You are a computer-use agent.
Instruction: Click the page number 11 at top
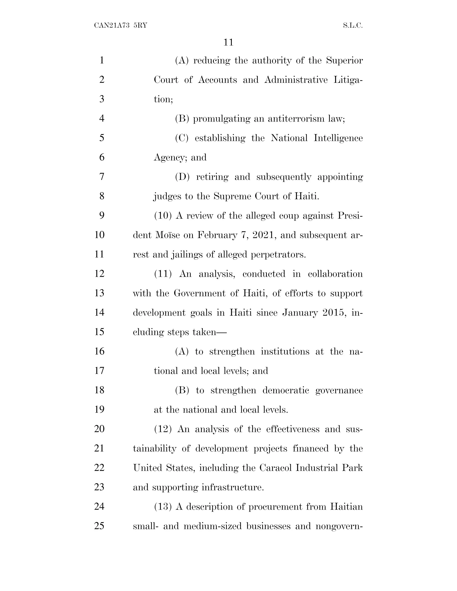[228, 42]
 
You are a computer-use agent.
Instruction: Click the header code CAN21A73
[112, 26]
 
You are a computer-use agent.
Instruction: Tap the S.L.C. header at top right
[353, 26]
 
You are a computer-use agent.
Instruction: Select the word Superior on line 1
[344, 60]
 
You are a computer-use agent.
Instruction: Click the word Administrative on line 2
[296, 80]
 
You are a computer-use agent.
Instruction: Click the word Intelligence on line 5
[338, 138]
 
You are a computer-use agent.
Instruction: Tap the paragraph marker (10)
[163, 216]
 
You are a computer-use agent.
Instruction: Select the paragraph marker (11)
[163, 274]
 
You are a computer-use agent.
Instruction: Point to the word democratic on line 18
[286, 390]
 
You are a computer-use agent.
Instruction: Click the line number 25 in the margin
[99, 526]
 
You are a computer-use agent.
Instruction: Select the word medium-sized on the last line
[212, 526]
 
